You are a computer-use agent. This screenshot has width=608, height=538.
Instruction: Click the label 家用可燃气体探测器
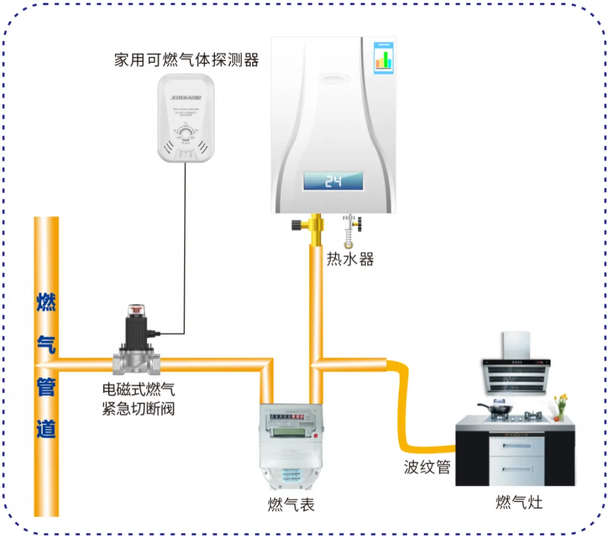coord(186,60)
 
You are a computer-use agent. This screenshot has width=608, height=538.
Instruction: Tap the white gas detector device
coord(185,119)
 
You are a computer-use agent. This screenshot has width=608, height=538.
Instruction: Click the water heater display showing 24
coord(333,181)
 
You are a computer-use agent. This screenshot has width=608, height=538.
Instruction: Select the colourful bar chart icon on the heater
coord(383,59)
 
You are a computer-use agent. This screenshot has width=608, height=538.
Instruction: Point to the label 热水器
coord(350,259)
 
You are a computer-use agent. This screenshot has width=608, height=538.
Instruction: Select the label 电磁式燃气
coord(138,389)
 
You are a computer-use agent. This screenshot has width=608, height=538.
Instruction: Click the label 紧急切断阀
coord(138,408)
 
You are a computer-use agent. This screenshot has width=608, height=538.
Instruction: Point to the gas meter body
coord(290,445)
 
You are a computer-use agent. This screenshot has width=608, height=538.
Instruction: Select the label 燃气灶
coord(519,502)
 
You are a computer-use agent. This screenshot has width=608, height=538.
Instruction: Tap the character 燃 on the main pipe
coord(46,303)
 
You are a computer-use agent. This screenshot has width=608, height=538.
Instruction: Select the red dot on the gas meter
coord(315,436)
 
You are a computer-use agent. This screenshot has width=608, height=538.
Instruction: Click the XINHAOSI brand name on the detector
coord(185,97)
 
